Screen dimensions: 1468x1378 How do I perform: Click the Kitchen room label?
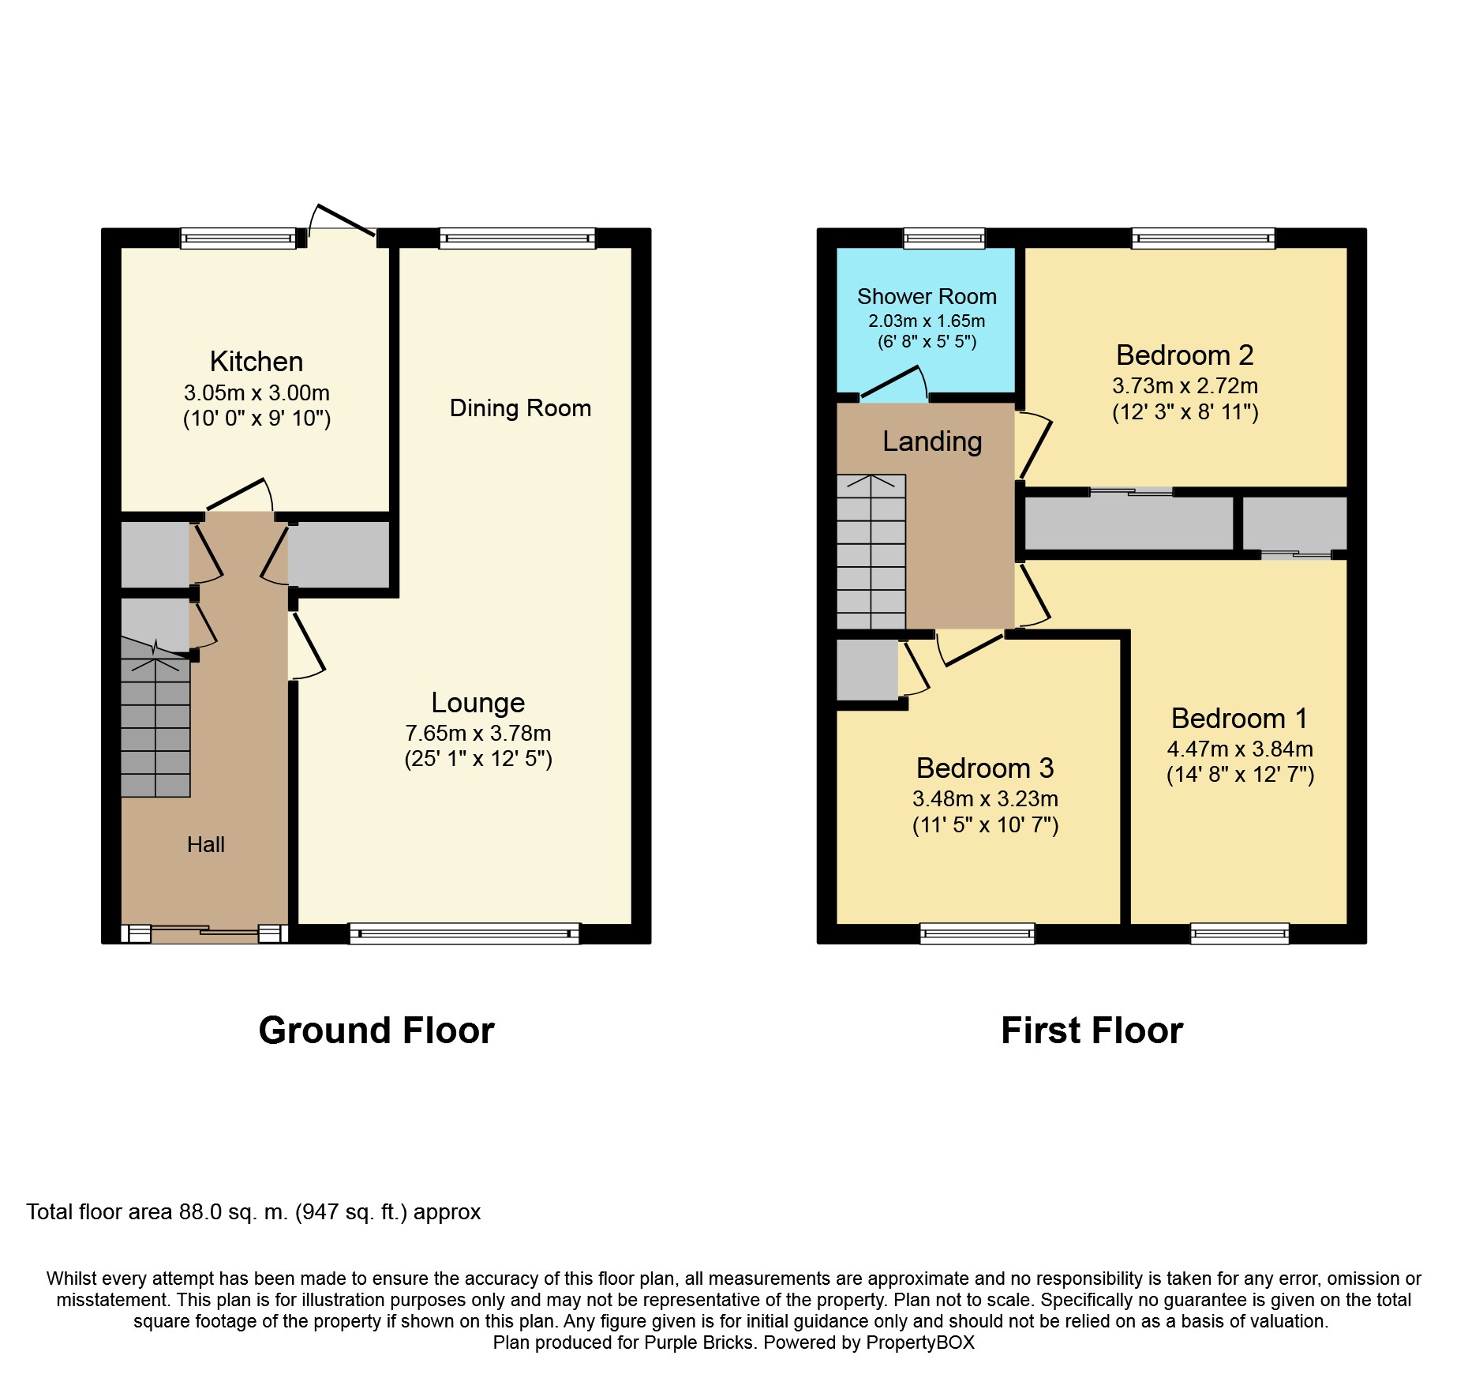click(x=257, y=362)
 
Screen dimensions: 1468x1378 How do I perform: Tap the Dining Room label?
click(x=520, y=408)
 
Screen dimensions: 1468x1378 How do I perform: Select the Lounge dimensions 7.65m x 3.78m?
click(x=478, y=733)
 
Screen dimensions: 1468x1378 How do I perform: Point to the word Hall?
click(x=206, y=845)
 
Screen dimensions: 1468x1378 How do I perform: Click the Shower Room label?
click(x=927, y=297)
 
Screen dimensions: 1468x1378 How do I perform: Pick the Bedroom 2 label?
click(x=1185, y=355)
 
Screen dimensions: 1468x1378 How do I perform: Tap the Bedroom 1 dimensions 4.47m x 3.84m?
click(x=1240, y=749)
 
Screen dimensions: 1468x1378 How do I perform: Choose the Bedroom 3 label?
click(x=985, y=768)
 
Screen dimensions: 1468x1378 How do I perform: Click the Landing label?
click(x=932, y=441)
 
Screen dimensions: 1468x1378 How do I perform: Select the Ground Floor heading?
click(x=376, y=1031)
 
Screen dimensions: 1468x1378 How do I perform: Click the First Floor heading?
click(x=1092, y=1031)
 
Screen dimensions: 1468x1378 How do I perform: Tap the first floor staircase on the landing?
click(x=871, y=551)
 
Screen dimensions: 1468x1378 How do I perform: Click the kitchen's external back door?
click(x=343, y=220)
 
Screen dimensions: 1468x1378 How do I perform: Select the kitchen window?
click(x=238, y=238)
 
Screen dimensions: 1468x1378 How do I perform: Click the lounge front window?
click(x=464, y=933)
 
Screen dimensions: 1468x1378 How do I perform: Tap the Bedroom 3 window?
click(x=977, y=933)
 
